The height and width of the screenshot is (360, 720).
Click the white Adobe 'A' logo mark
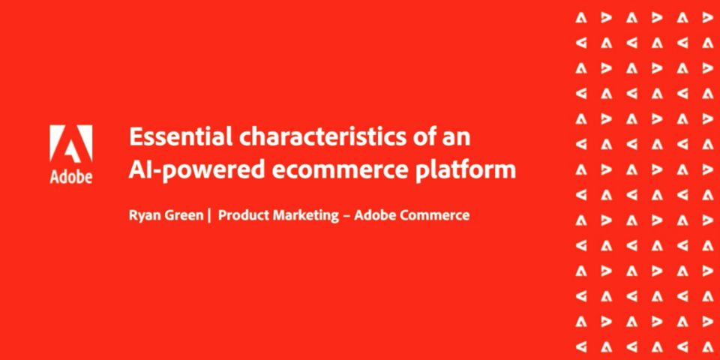pos(71,144)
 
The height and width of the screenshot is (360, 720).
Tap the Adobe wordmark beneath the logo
pos(71,177)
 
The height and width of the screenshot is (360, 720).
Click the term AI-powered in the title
pos(197,171)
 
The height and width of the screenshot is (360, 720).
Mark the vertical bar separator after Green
pos(209,215)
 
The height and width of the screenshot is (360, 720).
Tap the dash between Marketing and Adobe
pos(346,216)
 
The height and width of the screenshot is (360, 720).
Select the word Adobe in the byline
pos(375,215)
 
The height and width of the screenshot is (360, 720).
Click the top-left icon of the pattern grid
pos(581,18)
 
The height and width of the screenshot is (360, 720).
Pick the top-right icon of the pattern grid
pos(707,18)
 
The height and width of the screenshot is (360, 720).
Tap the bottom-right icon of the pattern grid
pos(707,346)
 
